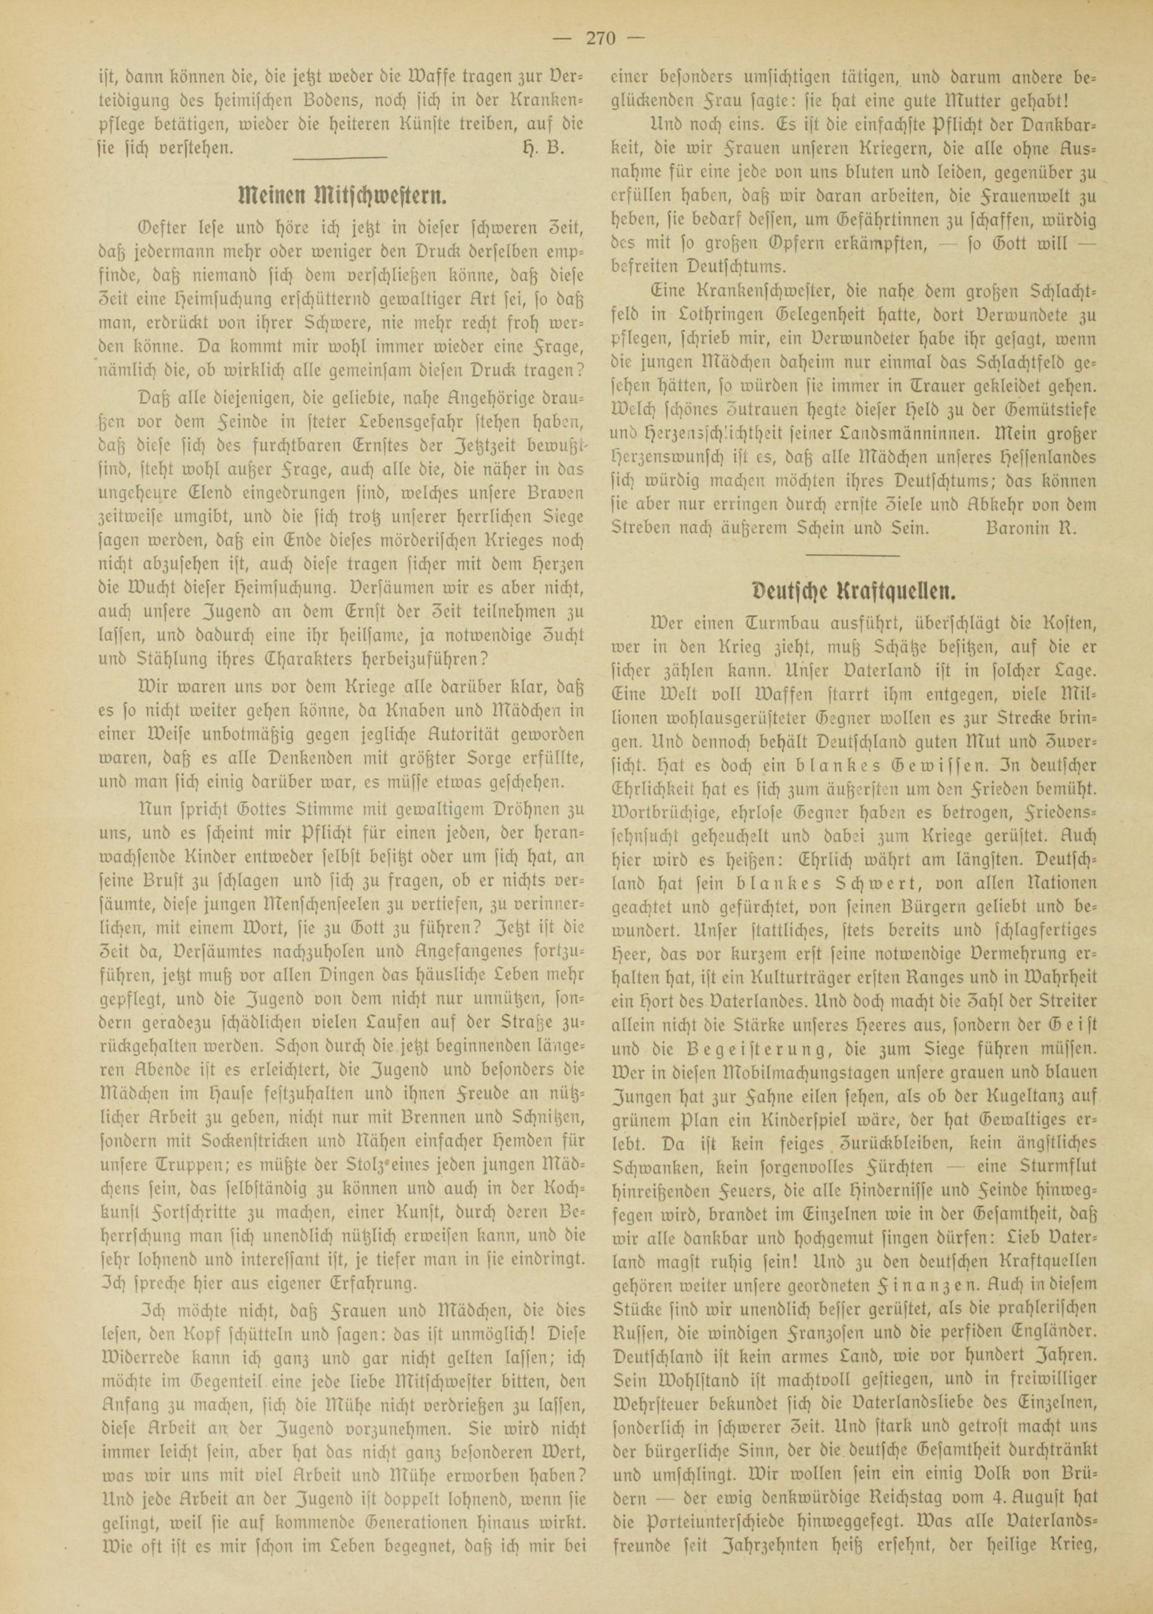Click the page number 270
pyautogui.click(x=601, y=39)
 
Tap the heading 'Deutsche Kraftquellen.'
pyautogui.click(x=853, y=590)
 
